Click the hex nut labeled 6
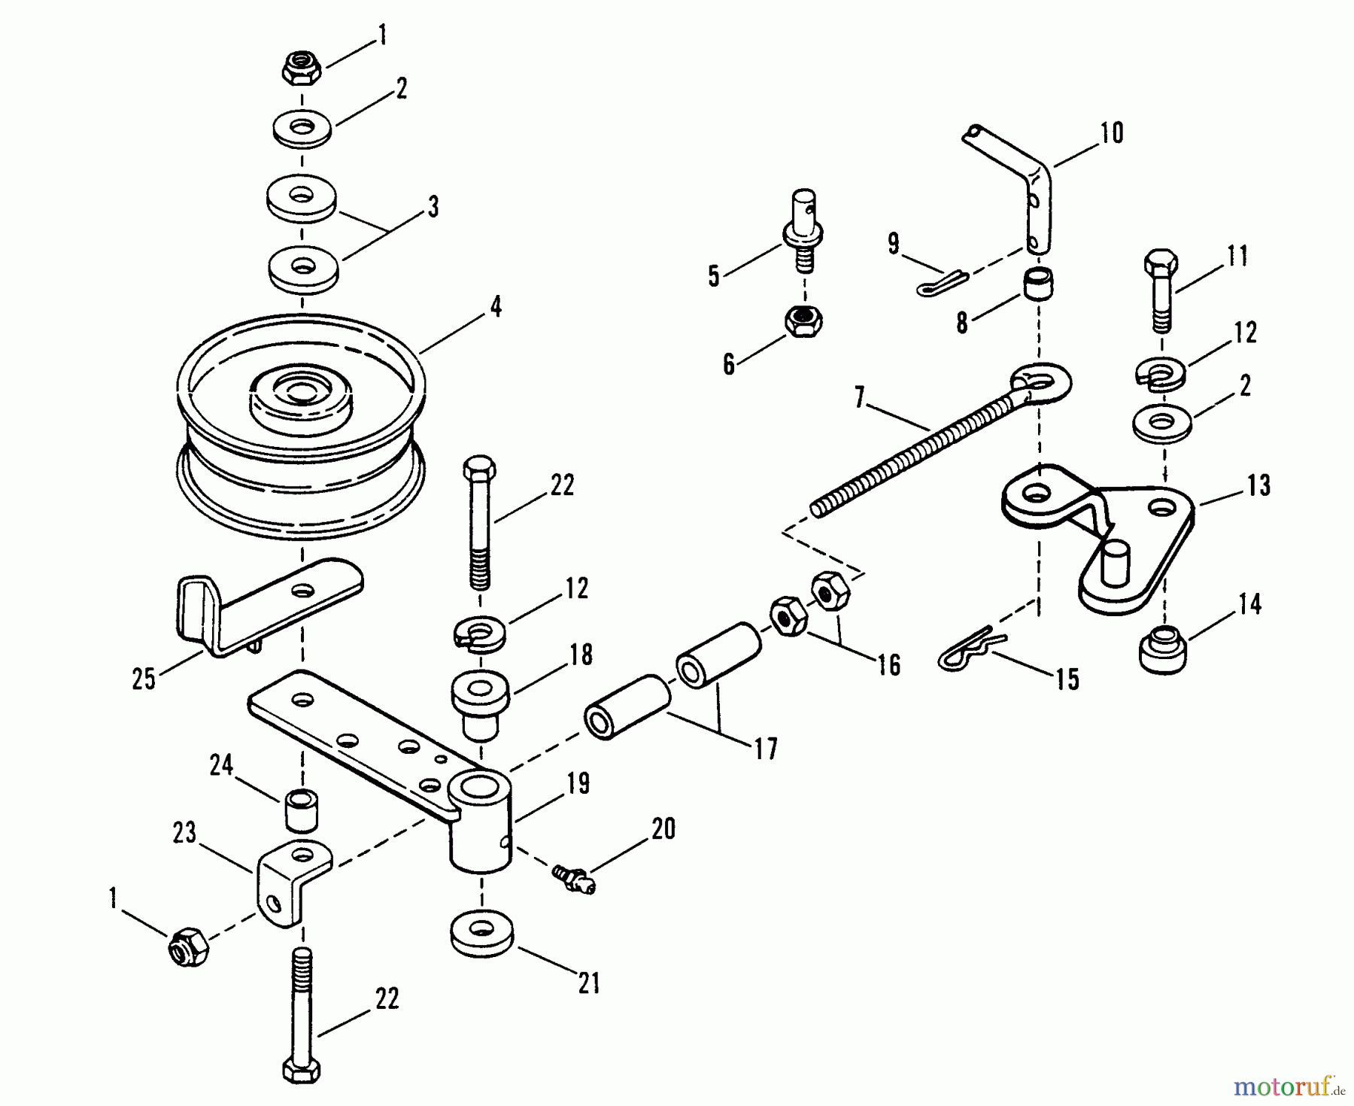(x=803, y=323)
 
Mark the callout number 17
(x=766, y=749)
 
